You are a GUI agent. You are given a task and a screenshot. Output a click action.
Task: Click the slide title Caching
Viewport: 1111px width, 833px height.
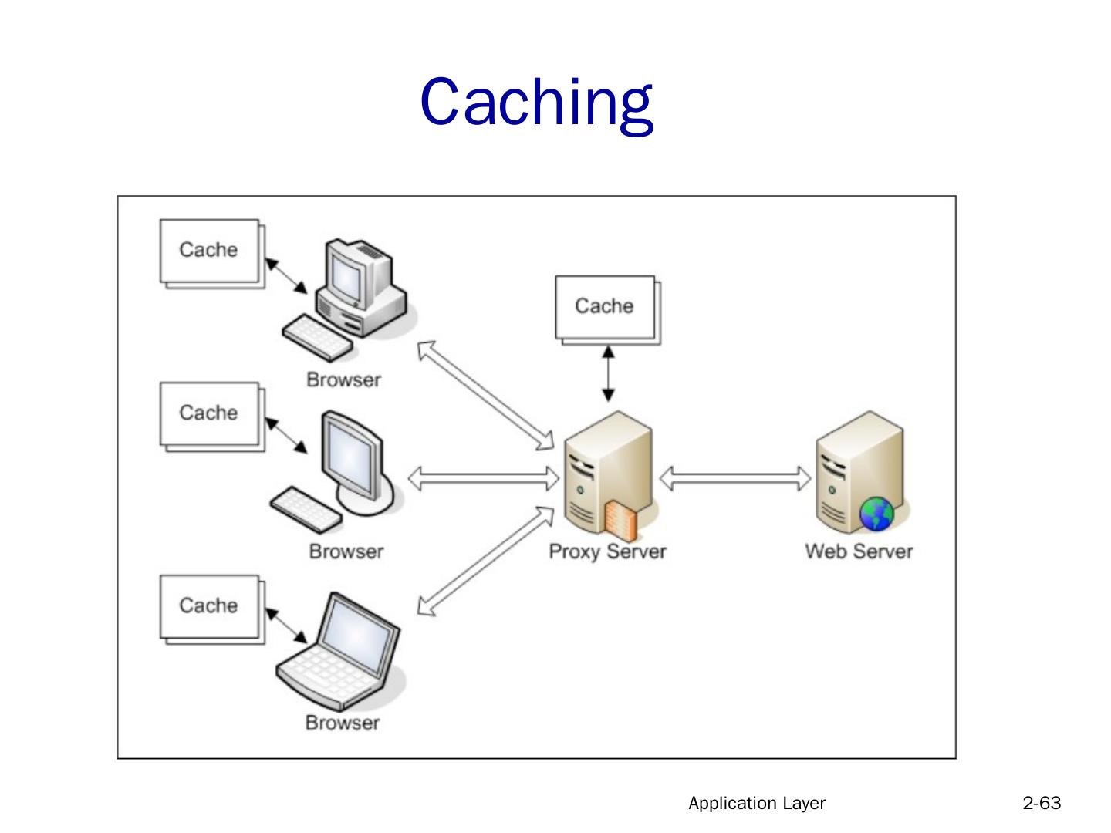click(537, 103)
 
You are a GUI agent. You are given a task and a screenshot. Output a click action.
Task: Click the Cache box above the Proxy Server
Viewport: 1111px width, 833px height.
click(605, 306)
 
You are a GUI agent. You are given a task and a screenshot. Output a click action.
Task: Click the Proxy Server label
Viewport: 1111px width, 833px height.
click(607, 551)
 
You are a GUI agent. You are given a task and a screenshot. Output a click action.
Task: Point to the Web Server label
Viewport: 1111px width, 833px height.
click(859, 551)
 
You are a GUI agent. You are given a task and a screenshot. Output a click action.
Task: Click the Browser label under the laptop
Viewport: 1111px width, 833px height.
click(343, 723)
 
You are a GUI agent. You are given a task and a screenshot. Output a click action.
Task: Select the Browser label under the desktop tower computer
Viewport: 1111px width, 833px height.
click(343, 379)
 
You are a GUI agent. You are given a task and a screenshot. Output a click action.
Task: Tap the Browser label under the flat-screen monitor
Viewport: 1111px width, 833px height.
click(346, 551)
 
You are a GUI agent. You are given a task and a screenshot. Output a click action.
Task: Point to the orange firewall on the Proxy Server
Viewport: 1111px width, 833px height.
click(621, 520)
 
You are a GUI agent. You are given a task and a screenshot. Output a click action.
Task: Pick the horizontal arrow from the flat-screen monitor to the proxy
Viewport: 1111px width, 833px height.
click(483, 479)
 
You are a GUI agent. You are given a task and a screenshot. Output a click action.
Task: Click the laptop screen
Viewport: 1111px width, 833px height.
click(357, 634)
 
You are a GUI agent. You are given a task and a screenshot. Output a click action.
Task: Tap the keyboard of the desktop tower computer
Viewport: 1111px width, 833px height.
click(316, 338)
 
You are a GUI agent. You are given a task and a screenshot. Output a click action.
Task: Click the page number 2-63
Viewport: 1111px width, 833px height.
click(1042, 803)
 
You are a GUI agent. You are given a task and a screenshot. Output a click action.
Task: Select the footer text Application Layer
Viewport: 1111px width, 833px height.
click(756, 803)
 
